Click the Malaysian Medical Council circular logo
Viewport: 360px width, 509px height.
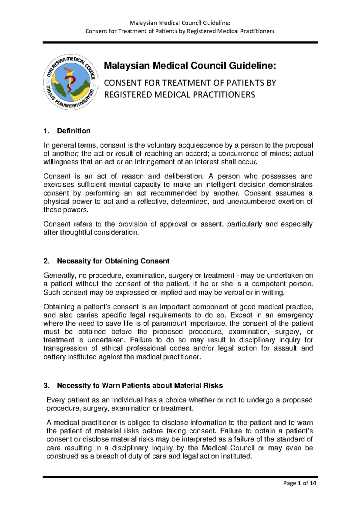click(70, 82)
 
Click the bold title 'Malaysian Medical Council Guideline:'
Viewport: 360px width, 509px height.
click(190, 65)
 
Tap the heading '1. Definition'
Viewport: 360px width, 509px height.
click(67, 131)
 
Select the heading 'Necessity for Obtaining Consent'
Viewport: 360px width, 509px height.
click(113, 261)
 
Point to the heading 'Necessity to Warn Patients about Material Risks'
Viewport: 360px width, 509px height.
click(140, 386)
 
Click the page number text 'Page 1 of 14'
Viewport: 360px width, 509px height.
click(299, 483)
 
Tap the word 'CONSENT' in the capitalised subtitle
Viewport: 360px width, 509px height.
click(123, 83)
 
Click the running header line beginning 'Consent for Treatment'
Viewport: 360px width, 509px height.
click(180, 31)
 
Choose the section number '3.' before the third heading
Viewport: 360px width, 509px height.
click(46, 386)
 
